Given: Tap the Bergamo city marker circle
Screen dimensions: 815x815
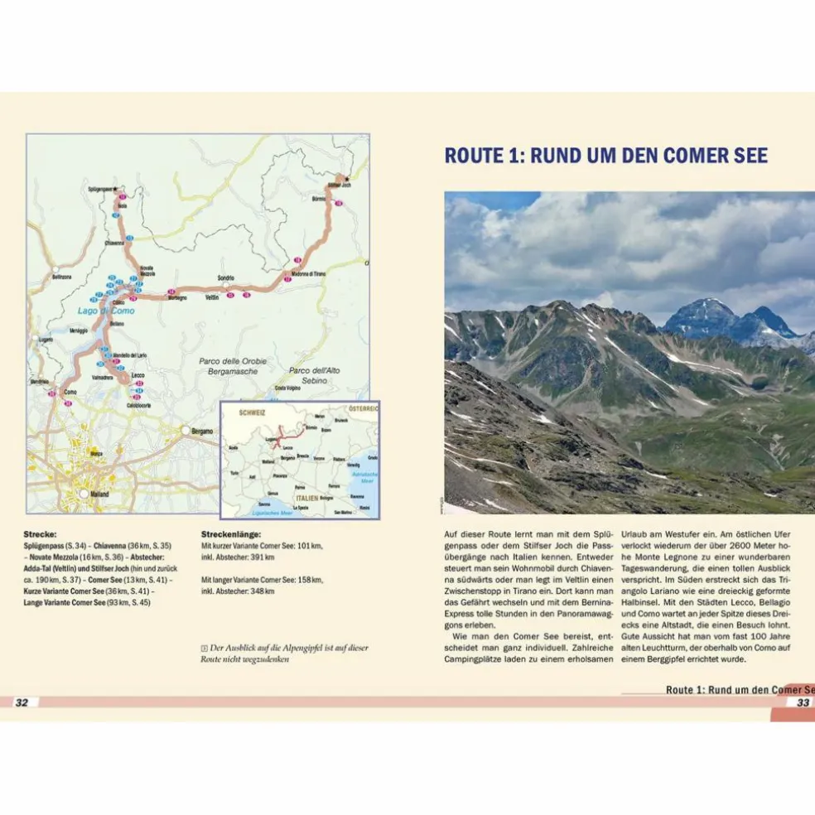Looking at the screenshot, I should [186, 430].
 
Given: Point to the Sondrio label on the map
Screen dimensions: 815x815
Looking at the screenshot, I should [226, 277].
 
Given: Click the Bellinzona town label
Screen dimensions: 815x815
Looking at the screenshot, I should [61, 277].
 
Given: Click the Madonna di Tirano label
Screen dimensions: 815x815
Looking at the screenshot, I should [307, 273].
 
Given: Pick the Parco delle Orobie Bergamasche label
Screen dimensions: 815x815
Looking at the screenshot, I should [228, 366].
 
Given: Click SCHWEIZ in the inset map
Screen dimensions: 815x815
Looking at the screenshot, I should [251, 412].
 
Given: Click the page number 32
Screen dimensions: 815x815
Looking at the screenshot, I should [22, 702].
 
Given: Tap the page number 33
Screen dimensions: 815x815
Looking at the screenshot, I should [803, 702].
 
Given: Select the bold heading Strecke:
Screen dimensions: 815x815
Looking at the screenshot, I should [41, 535].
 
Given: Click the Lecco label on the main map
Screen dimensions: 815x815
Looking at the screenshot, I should [138, 376].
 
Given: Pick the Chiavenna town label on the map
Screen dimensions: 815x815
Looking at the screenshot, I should [114, 243].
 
